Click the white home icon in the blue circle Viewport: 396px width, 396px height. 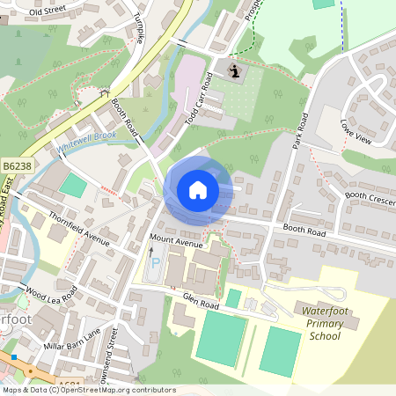[197, 190]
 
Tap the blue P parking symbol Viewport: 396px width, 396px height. [157, 262]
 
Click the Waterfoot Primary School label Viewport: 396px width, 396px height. [318, 324]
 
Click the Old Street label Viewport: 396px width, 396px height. [48, 11]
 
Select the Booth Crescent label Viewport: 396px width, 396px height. [370, 199]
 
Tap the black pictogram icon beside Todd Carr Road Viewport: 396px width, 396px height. [234, 70]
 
